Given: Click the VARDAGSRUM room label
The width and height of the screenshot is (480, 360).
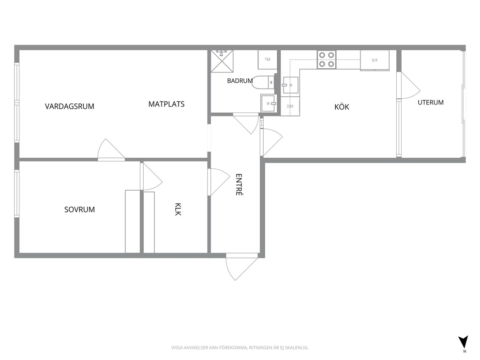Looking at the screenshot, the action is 70,106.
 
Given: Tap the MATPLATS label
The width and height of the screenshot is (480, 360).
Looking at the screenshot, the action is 166,104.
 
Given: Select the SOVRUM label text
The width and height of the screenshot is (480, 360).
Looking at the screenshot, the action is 79,210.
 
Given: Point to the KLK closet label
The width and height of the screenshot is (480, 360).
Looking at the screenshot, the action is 178,209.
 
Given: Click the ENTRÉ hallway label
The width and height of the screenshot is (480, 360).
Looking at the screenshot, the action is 239,184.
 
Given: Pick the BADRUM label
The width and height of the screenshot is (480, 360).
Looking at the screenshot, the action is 240,81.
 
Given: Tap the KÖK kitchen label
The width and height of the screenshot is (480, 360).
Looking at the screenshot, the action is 342,107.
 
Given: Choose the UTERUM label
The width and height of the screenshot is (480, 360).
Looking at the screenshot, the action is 431,103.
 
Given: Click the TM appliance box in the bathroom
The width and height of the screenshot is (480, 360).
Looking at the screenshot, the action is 268,60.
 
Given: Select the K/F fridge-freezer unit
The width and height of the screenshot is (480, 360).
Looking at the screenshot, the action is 375,60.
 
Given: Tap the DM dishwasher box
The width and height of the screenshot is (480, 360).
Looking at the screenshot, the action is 290,106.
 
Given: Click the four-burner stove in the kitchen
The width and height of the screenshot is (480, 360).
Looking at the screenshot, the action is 326,60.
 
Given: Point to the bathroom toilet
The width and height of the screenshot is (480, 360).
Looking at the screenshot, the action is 263,82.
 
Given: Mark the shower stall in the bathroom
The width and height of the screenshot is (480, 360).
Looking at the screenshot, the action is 222,61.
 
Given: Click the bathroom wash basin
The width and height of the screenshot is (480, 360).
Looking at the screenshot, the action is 269,103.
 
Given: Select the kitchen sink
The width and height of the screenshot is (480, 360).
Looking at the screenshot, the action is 290,85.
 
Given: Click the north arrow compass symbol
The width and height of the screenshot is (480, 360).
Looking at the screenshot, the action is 463,342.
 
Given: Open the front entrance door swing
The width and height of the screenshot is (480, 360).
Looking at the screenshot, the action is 242,266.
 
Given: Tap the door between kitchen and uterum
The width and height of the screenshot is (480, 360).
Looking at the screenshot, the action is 408,86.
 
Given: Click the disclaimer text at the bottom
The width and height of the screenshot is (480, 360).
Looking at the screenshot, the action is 240,348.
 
